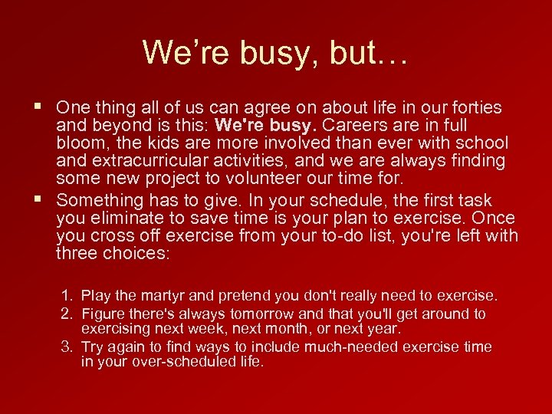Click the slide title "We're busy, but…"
pyautogui.click(x=275, y=52)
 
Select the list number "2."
pyautogui.click(x=67, y=314)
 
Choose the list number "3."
pyautogui.click(x=67, y=347)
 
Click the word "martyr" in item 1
pyautogui.click(x=162, y=296)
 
